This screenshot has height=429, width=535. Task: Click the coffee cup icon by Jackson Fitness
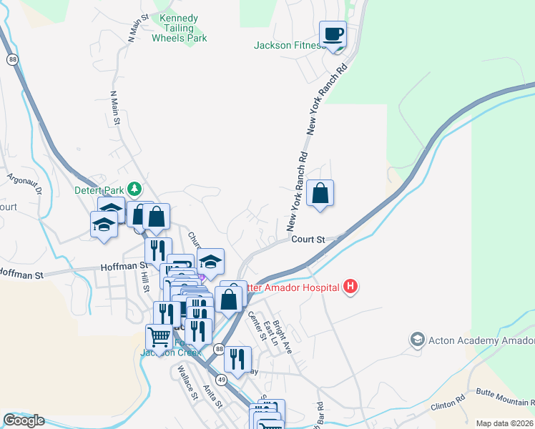[333, 34]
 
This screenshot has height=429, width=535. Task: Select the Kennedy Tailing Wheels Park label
[180, 28]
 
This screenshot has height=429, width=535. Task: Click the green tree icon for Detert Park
[134, 189]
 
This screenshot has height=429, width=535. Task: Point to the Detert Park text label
[99, 191]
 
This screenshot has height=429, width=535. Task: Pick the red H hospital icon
[350, 287]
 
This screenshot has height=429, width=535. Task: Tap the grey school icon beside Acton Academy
[418, 338]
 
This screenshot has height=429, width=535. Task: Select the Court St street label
[308, 240]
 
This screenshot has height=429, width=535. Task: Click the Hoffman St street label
[21, 273]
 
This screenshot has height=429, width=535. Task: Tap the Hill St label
[145, 280]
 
